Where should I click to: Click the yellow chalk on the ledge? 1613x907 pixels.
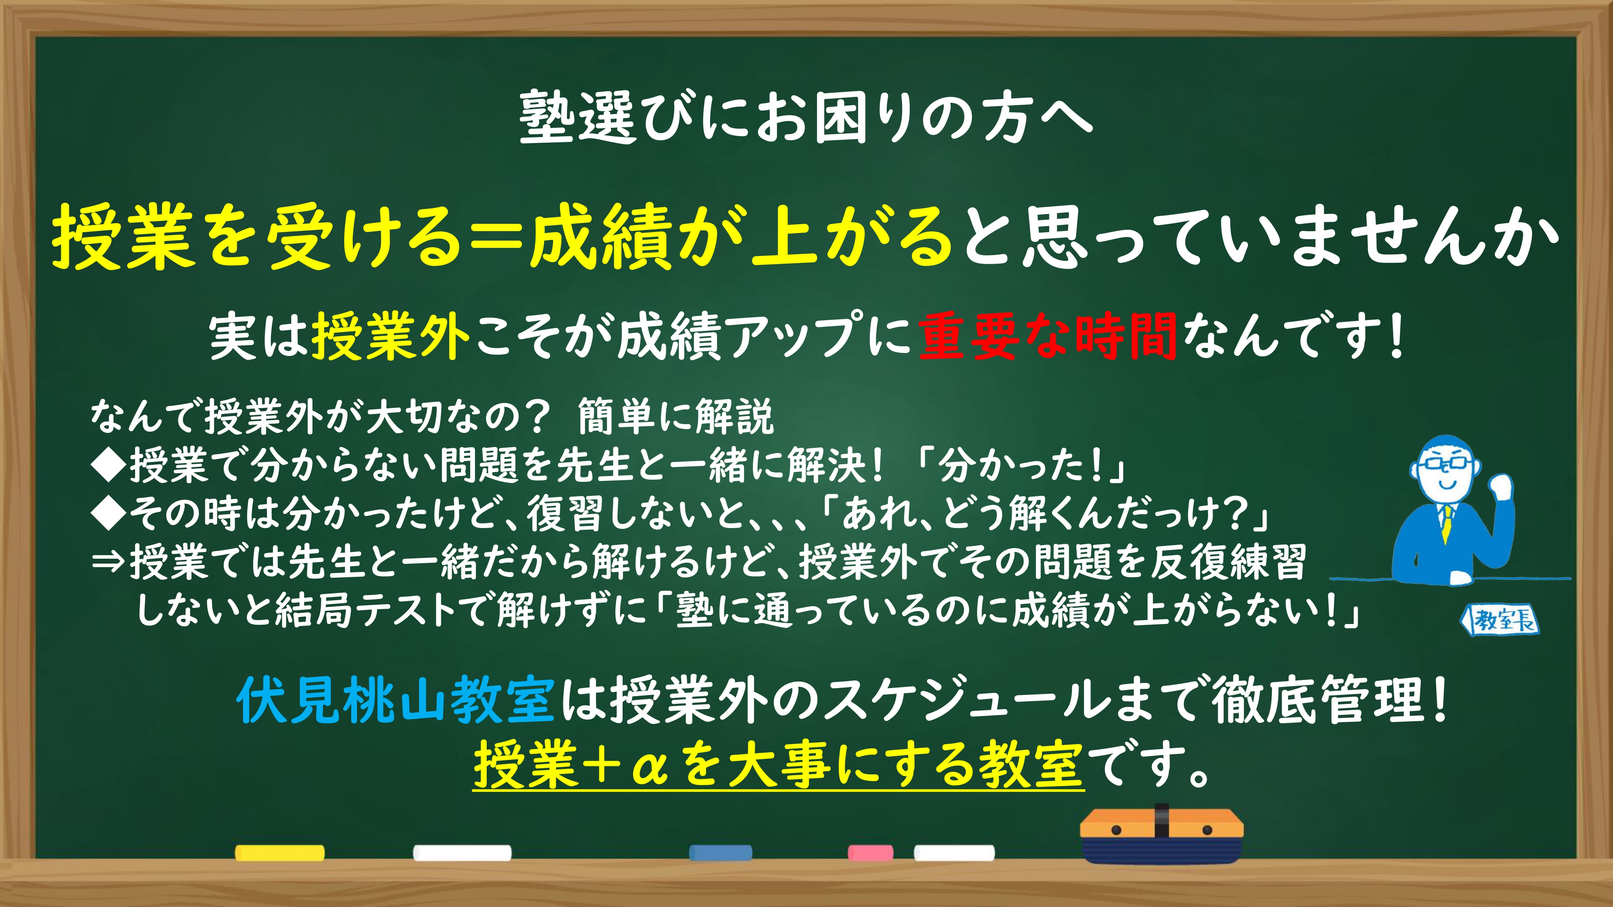pyautogui.click(x=280, y=853)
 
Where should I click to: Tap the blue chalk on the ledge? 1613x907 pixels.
pyautogui.click(x=720, y=853)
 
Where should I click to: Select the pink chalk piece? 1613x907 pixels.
pyautogui.click(x=870, y=853)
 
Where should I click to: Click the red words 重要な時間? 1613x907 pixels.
pyautogui.click(x=1048, y=337)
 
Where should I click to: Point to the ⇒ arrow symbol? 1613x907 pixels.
pyautogui.click(x=108, y=562)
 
